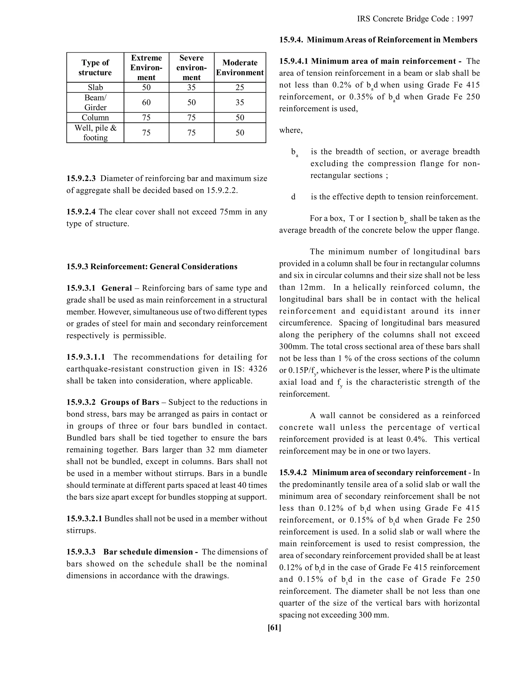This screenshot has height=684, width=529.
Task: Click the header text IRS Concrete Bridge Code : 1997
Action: click(415, 19)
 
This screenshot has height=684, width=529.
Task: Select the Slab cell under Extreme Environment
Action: click(146, 88)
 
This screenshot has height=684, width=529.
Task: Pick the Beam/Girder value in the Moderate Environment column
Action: click(240, 102)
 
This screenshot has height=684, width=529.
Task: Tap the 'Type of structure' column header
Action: click(95, 67)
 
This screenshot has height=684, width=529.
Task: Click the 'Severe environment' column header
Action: click(191, 67)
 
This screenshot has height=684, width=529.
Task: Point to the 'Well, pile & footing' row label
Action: click(95, 132)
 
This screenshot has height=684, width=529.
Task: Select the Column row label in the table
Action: click(95, 117)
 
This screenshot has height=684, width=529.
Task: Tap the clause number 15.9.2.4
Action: click(81, 212)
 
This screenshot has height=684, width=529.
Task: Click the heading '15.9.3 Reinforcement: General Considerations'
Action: click(152, 267)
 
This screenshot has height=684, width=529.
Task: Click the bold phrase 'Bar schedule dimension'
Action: click(148, 552)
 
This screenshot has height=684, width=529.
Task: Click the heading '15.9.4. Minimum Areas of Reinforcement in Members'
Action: click(378, 40)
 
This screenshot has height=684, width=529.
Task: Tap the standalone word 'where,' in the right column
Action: click(291, 130)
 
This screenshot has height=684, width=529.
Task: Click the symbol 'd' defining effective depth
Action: click(293, 197)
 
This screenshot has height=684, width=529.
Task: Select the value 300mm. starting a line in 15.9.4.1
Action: click(290, 347)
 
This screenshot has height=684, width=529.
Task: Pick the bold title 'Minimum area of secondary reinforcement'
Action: click(389, 473)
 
